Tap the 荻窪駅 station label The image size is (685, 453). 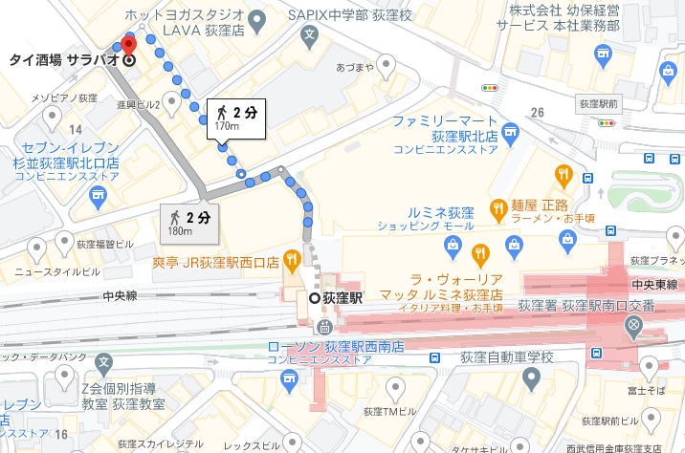342,297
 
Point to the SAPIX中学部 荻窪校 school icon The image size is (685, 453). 309,35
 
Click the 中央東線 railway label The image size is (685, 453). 654,285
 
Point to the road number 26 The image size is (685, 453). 537,113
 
